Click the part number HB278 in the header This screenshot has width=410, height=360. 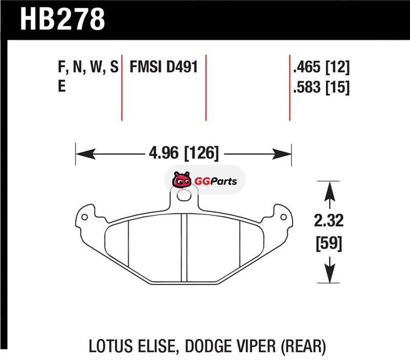tap(63, 19)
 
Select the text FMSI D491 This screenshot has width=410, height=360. tap(163, 67)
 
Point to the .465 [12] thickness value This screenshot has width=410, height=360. tap(321, 67)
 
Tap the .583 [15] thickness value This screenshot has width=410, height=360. tap(321, 87)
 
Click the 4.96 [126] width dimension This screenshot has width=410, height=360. tap(183, 153)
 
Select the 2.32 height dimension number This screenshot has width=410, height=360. tap(329, 221)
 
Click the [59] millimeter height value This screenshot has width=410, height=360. tap(329, 243)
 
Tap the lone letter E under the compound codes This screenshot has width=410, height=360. tap(61, 86)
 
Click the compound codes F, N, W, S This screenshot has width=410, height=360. tap(88, 67)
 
